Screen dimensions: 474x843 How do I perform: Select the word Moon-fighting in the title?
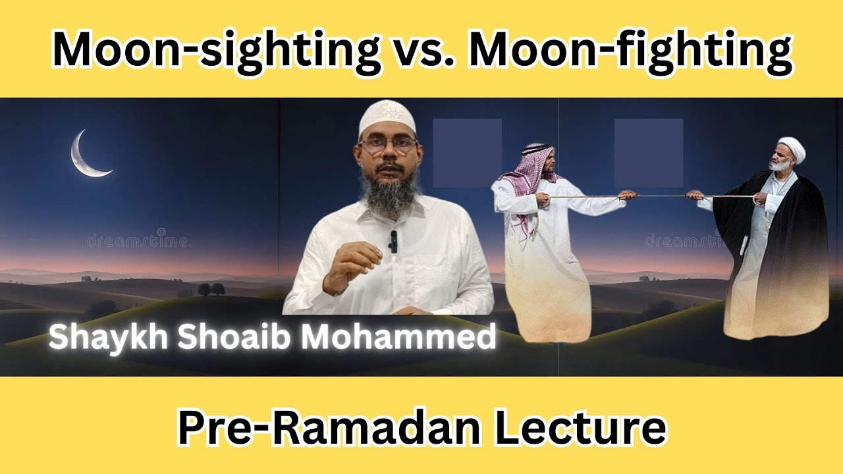[x=629, y=50]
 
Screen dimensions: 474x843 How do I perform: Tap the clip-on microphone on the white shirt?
[x=393, y=241]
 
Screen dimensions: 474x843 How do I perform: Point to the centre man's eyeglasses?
[x=388, y=146]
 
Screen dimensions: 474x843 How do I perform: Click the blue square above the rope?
[x=648, y=153]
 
